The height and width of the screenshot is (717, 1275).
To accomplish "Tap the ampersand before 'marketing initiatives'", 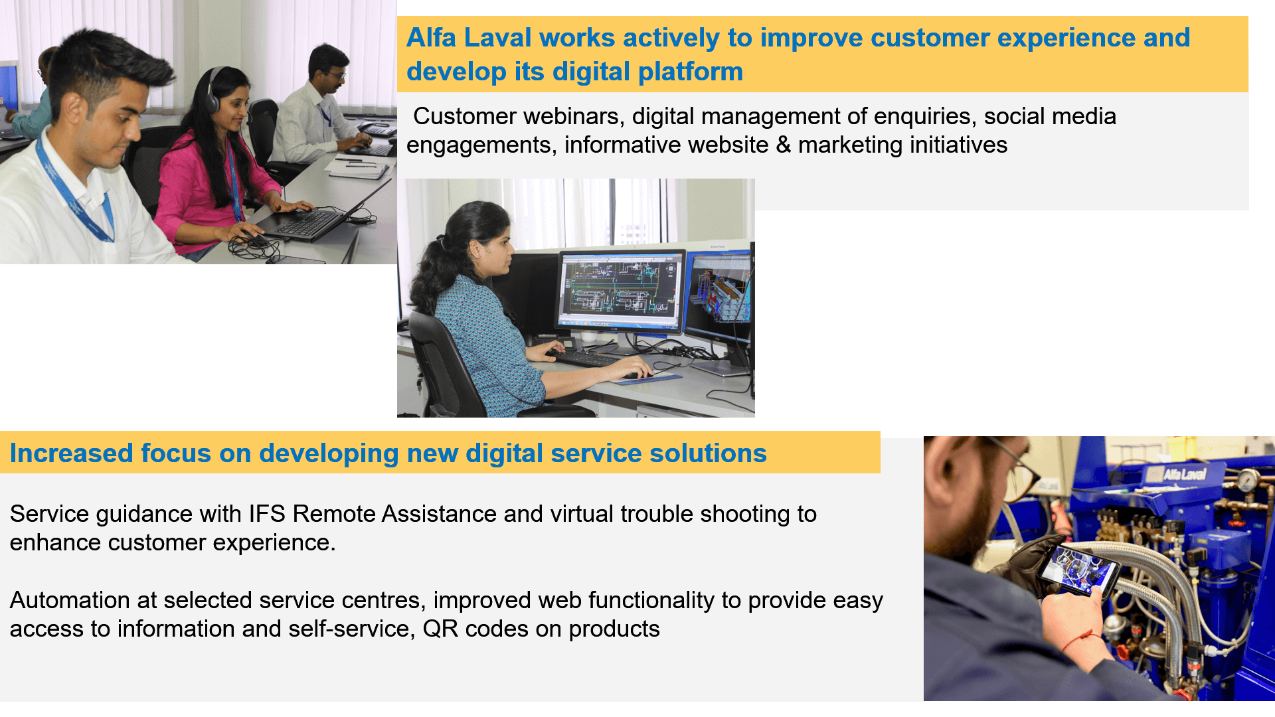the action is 783,145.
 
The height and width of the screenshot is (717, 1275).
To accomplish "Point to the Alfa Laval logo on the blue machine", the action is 1184,474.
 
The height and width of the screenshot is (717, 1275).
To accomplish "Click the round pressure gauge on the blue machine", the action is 1248,480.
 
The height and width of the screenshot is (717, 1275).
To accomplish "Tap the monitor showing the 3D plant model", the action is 720,293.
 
